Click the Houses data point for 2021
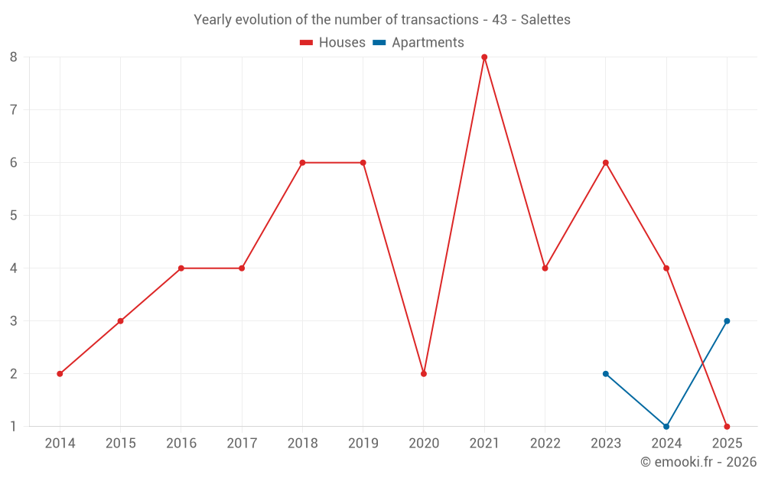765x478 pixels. [484, 57]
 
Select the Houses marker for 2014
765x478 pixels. [60, 374]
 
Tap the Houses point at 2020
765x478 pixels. [424, 374]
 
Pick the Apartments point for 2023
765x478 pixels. [606, 374]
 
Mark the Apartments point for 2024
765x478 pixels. [666, 427]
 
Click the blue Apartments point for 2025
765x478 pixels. [727, 321]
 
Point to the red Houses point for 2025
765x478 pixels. [727, 427]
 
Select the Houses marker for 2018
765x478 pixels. [302, 163]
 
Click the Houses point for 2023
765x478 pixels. [606, 163]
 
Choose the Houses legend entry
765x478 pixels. [333, 43]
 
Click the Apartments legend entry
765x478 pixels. [418, 43]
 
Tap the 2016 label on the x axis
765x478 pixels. [181, 444]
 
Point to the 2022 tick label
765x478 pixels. [545, 444]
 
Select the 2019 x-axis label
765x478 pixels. [363, 444]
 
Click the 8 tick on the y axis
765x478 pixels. [14, 57]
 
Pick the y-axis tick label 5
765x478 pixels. [14, 216]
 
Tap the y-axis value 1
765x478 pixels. [14, 427]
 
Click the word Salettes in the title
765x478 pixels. [545, 20]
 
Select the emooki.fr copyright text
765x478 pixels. [698, 462]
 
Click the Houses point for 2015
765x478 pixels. [120, 321]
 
